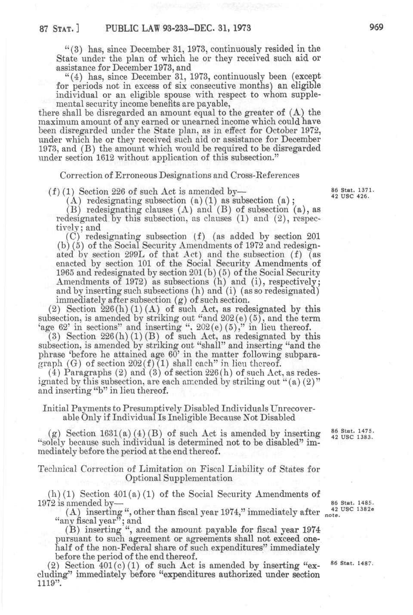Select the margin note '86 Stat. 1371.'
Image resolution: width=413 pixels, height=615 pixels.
352,190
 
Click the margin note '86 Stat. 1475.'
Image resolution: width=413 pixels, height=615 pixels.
352,430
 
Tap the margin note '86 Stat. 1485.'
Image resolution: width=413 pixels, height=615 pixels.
352,503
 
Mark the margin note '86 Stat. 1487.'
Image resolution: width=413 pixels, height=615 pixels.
352,563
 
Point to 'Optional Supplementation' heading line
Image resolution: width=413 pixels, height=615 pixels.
179,478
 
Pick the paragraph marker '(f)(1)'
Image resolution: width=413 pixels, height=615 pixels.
60,192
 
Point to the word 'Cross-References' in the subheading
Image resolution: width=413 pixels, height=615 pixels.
266,175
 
